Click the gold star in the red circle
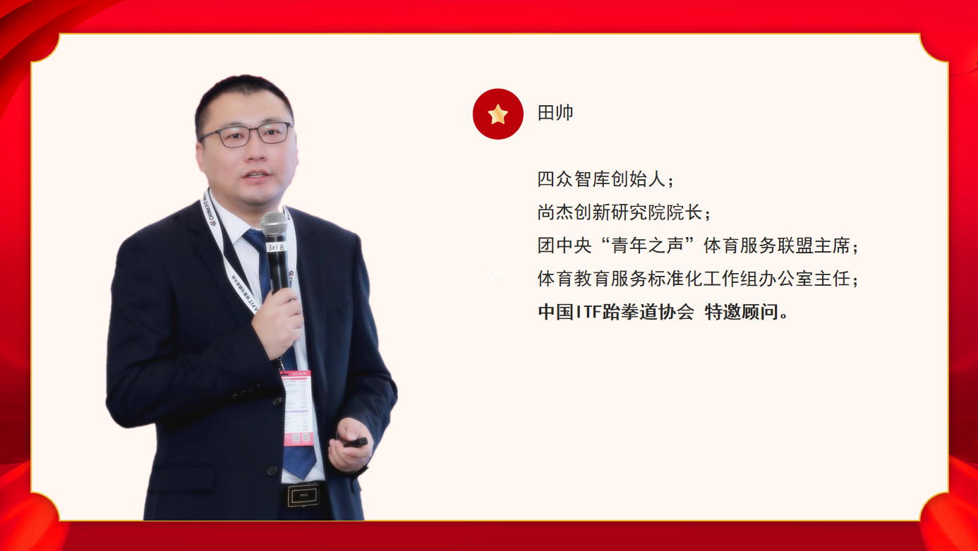click(497, 114)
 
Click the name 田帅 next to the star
click(555, 113)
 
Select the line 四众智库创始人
click(601, 179)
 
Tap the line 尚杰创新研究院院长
click(620, 212)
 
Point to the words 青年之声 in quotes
click(647, 246)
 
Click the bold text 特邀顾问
click(742, 312)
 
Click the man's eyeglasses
click(246, 134)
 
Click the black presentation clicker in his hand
click(356, 443)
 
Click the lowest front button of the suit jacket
click(272, 471)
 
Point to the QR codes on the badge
click(301, 437)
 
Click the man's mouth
click(257, 175)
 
